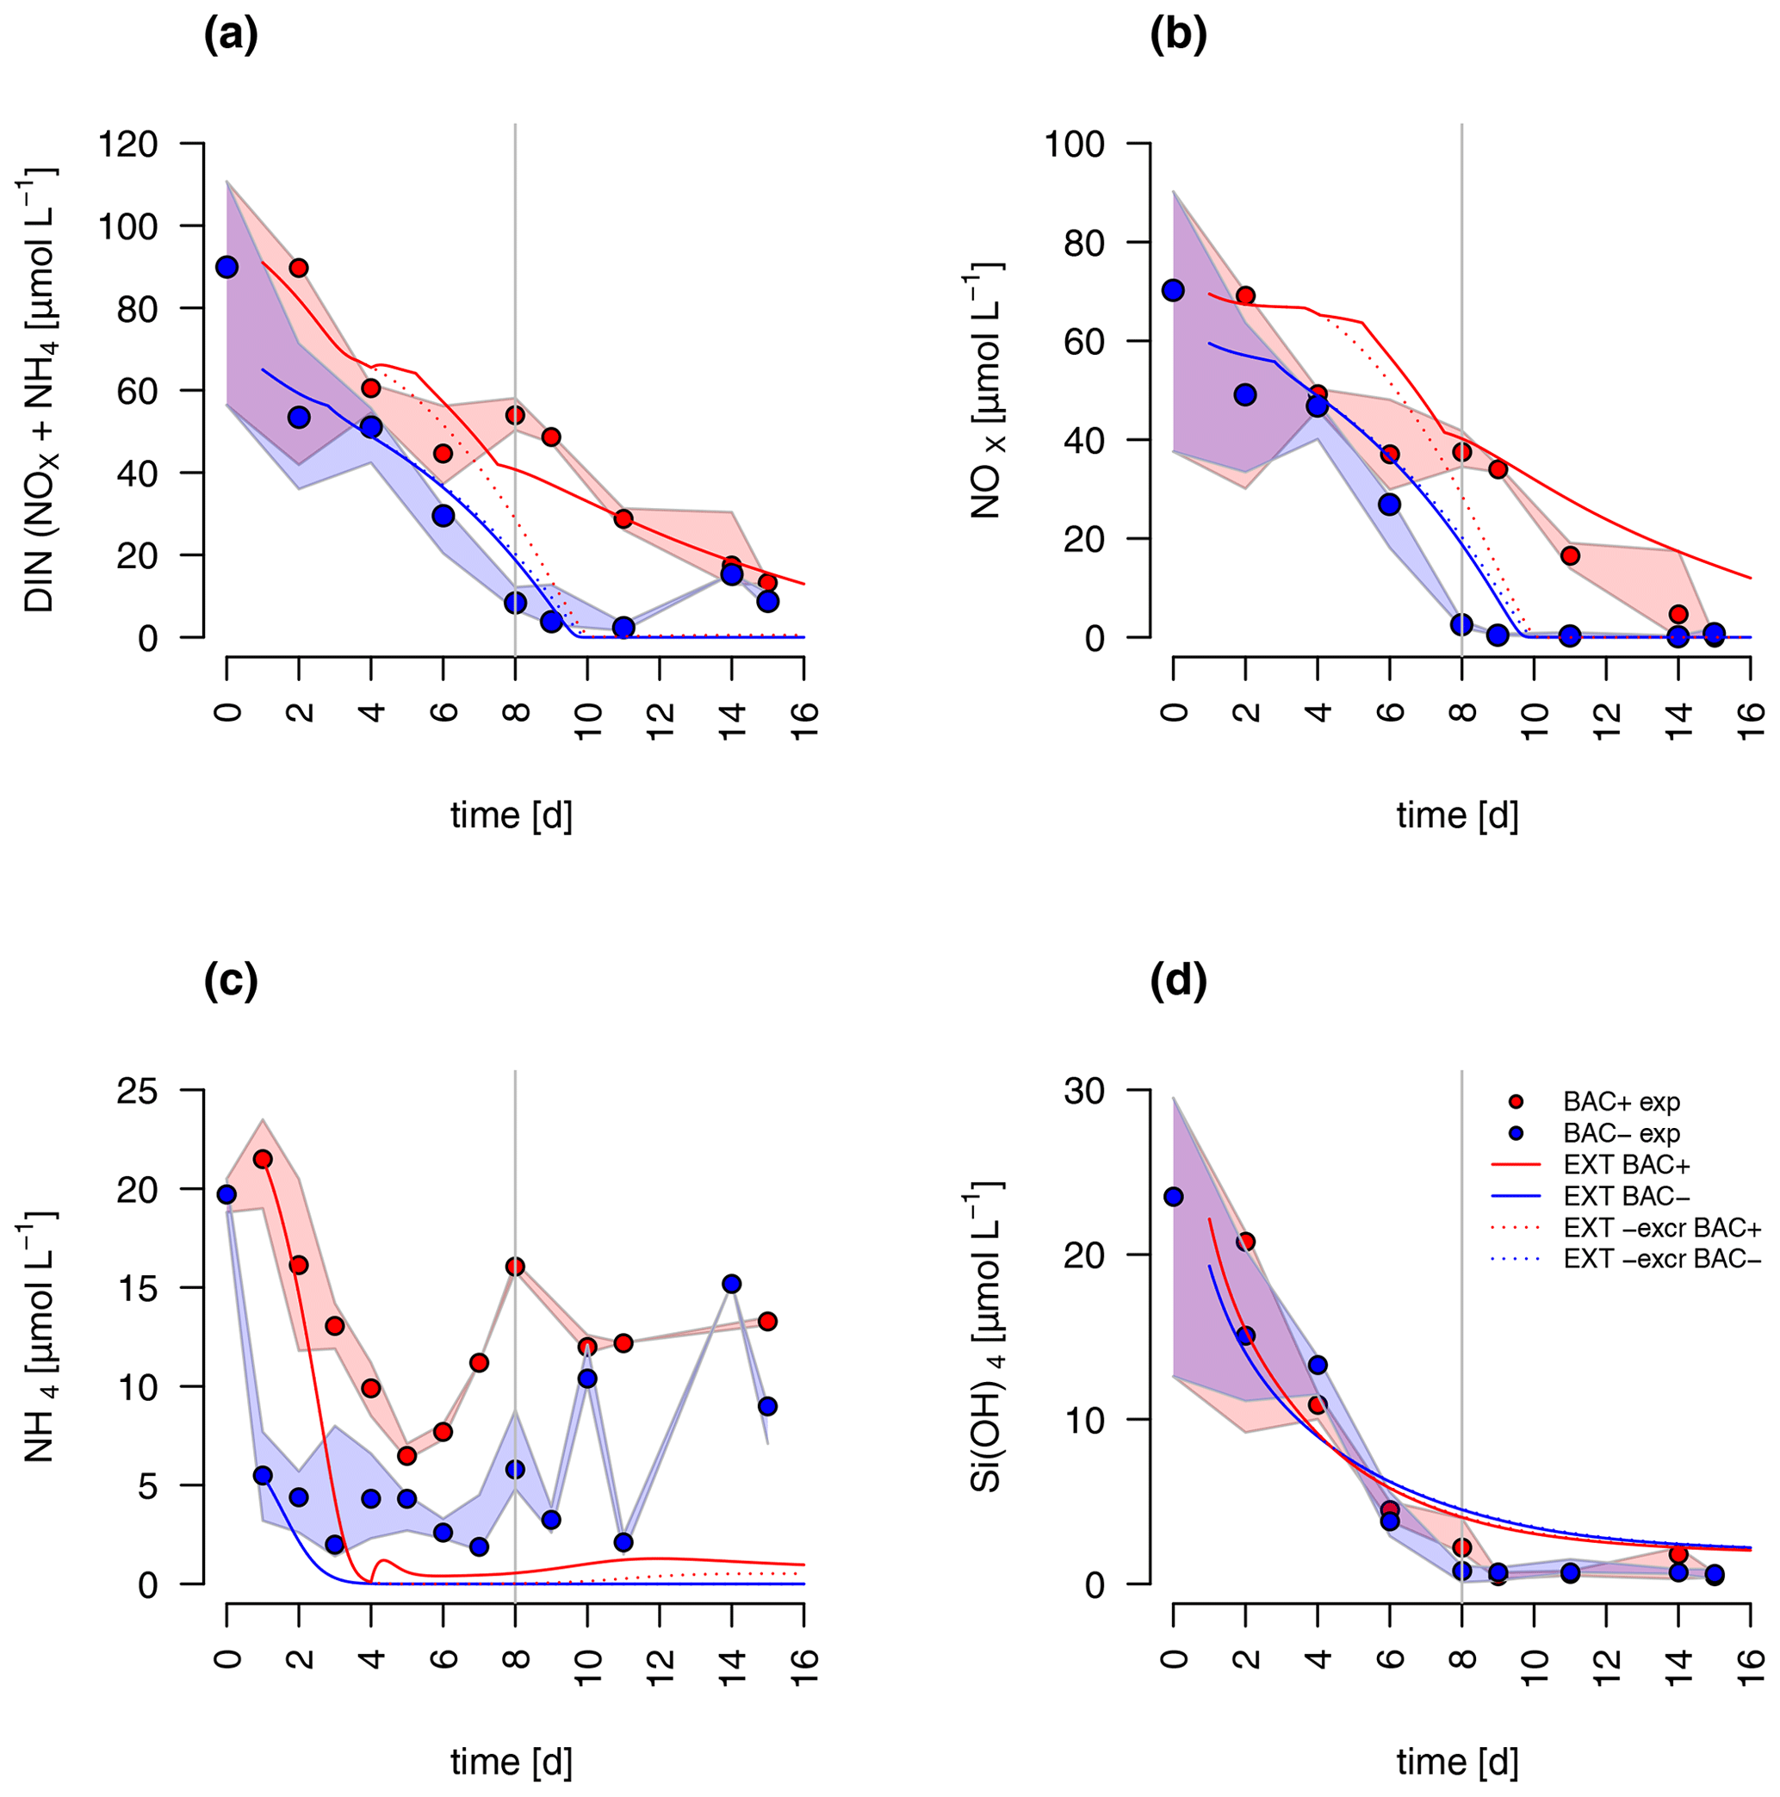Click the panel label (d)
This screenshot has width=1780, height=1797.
(1178, 982)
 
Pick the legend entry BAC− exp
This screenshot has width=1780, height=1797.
(1621, 1134)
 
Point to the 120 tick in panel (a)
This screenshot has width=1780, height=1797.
(130, 144)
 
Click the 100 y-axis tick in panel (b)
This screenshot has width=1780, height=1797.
(1075, 144)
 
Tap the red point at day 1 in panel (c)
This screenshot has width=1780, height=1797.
(263, 1159)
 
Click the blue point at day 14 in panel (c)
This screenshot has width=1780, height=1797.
(731, 1284)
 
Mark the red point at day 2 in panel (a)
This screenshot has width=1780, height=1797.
(299, 268)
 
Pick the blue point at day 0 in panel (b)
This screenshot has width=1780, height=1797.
(1174, 290)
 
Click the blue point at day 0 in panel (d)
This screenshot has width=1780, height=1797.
(1174, 1196)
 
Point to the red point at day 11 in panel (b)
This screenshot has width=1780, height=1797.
(1571, 555)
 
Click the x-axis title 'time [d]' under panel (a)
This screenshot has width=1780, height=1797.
(511, 815)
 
